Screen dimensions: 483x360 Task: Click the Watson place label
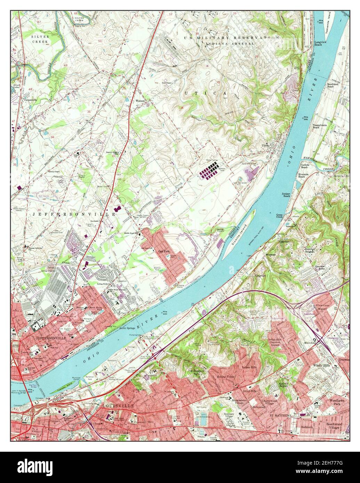[140, 101]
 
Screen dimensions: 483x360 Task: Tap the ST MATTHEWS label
[281, 415]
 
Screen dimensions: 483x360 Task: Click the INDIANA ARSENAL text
[230, 43]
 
